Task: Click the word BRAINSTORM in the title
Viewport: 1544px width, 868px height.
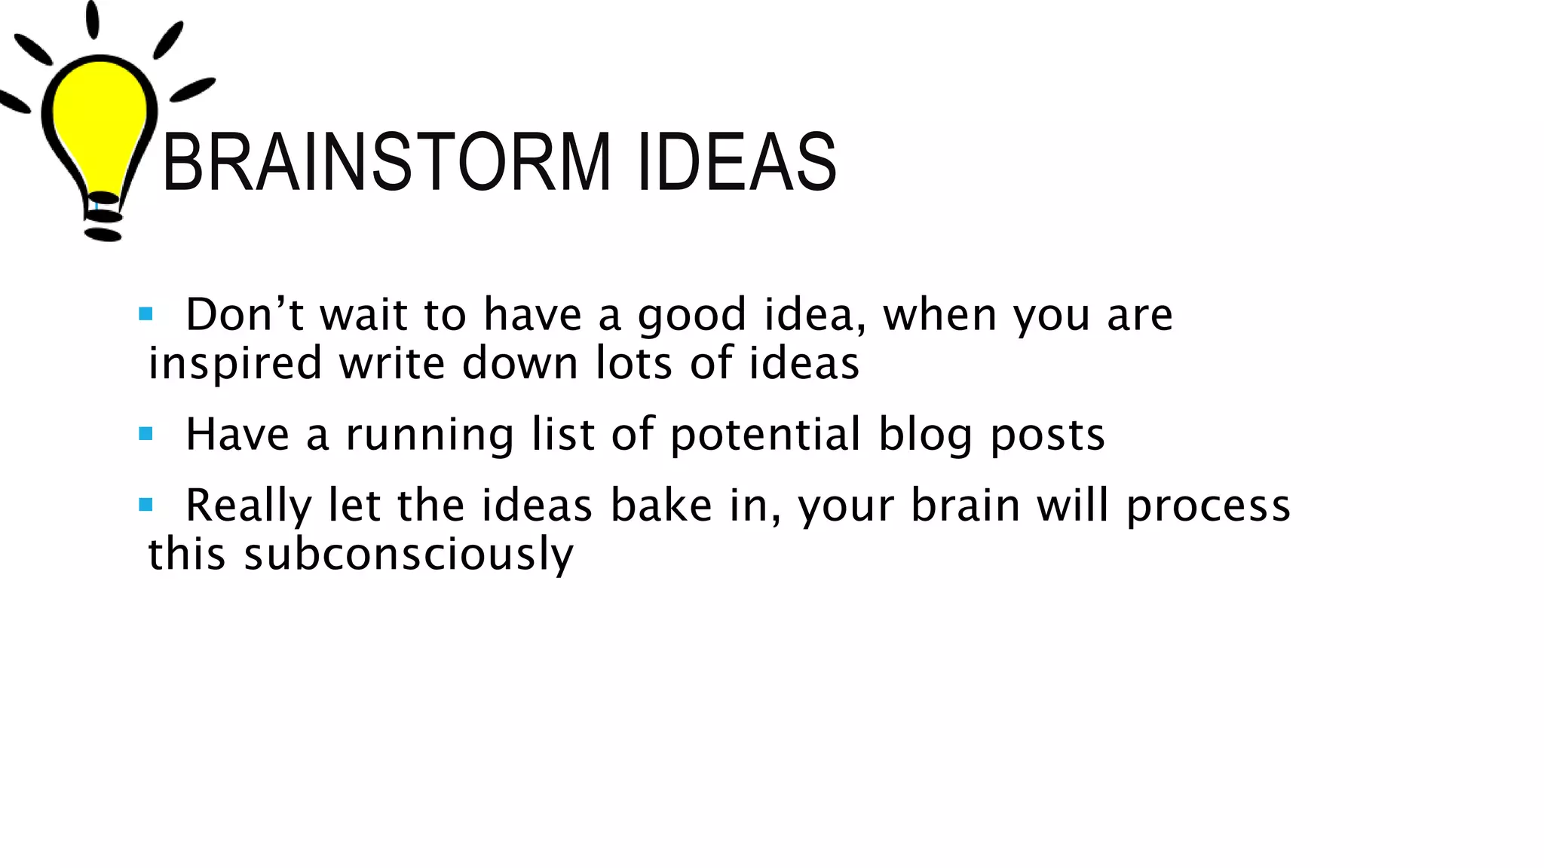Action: click(386, 162)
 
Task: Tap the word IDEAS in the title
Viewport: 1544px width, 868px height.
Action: click(737, 162)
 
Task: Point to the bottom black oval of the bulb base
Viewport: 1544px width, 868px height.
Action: click(103, 235)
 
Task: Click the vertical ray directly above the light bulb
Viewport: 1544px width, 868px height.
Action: click(92, 19)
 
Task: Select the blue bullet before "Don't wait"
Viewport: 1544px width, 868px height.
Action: click(146, 313)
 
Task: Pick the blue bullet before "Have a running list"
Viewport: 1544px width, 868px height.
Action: click(146, 434)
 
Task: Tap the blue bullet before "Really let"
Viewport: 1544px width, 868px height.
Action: click(146, 505)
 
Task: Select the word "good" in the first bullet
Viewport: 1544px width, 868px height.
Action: click(691, 315)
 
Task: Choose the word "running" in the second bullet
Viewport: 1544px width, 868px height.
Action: click(429, 436)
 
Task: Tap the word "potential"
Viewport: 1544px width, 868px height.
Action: click(764, 436)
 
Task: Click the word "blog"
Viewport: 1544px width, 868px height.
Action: click(925, 436)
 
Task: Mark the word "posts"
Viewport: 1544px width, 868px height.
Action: click(1047, 436)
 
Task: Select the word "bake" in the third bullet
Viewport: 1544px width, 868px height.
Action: click(660, 505)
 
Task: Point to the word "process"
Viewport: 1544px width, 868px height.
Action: click(1208, 506)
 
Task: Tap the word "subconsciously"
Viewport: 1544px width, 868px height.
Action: click(408, 555)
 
